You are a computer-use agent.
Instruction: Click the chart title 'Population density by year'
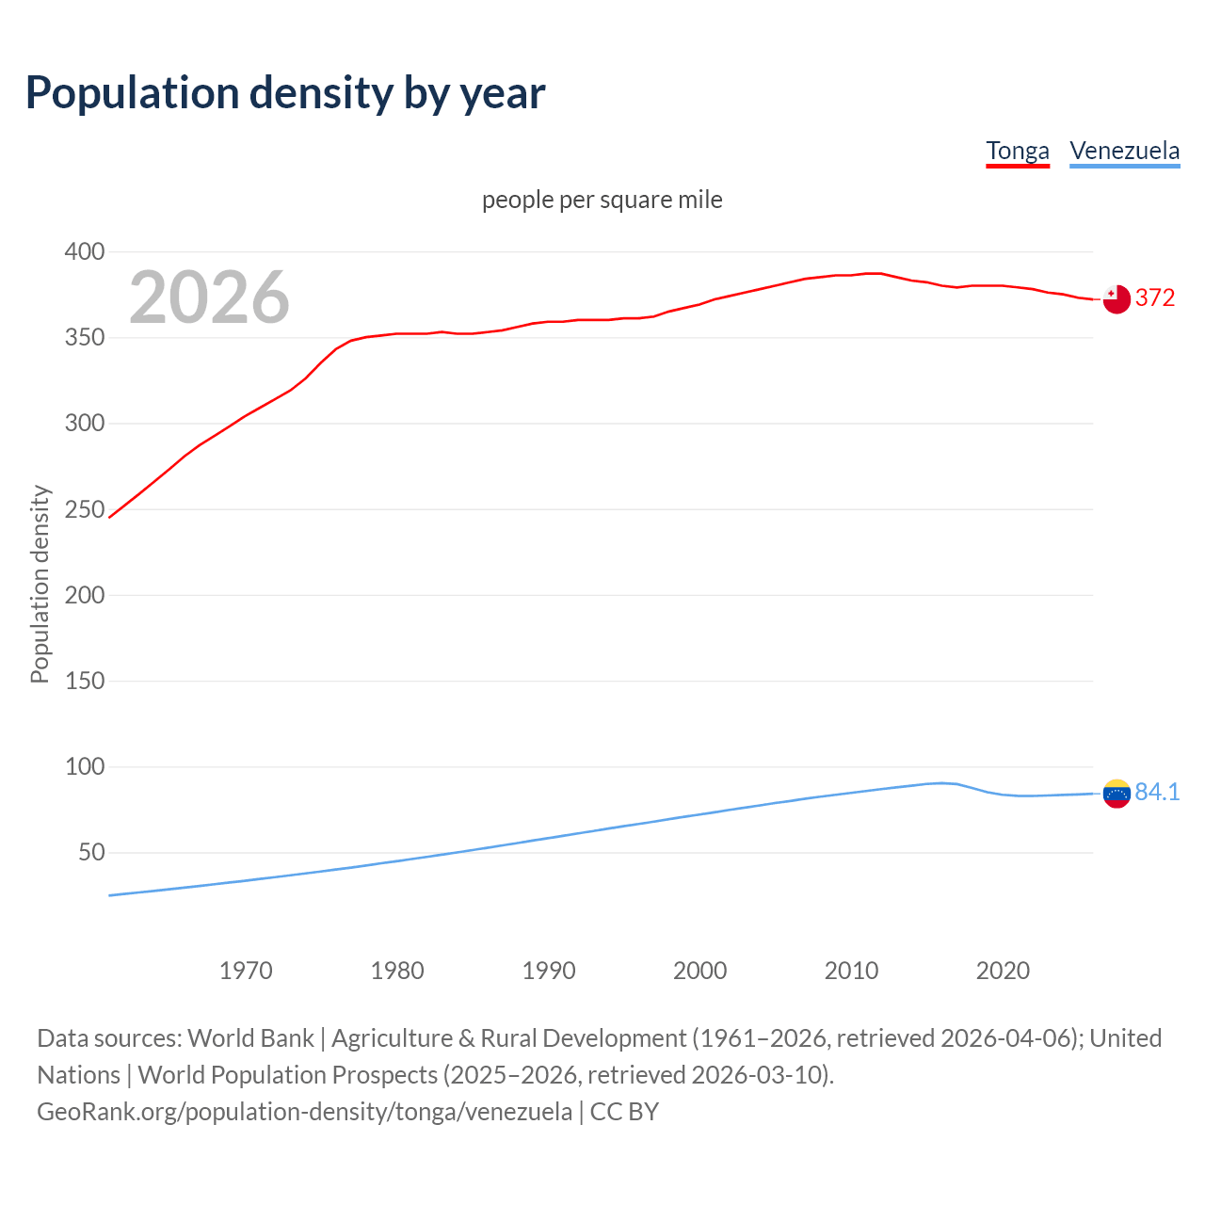(285, 93)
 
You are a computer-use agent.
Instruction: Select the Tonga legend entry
(1017, 151)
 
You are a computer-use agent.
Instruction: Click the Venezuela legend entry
(1124, 151)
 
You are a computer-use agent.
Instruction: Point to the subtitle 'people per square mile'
(602, 200)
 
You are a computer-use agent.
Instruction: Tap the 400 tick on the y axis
(84, 251)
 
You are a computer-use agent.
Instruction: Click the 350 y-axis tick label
(84, 337)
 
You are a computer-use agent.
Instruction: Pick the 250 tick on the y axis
(84, 509)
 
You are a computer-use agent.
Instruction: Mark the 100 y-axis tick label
(84, 766)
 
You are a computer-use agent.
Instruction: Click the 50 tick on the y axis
(91, 853)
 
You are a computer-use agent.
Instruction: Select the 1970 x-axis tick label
(246, 971)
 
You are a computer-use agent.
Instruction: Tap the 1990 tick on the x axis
(549, 971)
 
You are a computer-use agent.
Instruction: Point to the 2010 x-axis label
(851, 971)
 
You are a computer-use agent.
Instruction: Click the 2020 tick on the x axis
(1003, 971)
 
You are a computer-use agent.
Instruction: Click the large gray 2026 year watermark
(209, 297)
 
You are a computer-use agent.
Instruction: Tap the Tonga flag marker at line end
(1117, 298)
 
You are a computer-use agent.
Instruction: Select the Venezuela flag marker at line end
(1117, 794)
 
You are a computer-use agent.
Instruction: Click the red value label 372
(1155, 298)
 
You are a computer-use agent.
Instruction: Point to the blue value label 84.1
(1157, 793)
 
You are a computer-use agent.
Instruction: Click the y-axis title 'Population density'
(40, 584)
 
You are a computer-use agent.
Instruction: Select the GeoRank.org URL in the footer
(304, 1112)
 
